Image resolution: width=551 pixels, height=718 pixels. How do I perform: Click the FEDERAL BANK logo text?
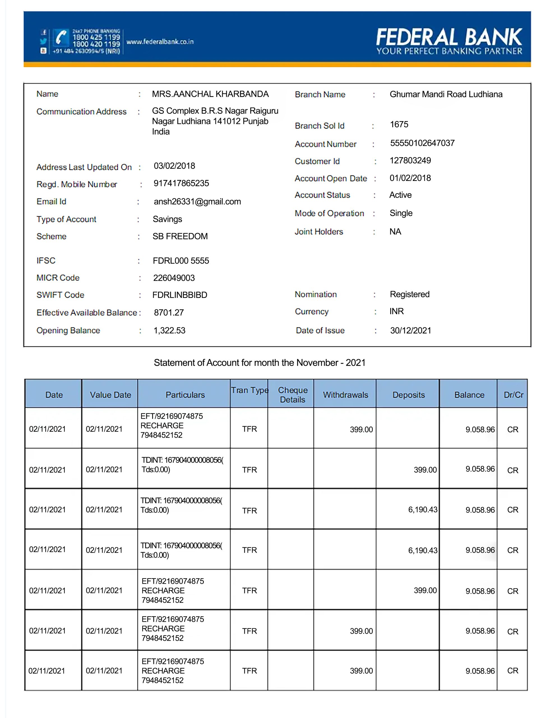click(449, 37)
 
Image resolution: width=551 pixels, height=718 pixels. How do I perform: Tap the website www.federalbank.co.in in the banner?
click(160, 42)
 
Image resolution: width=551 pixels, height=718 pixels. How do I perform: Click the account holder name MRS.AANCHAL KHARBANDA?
click(210, 94)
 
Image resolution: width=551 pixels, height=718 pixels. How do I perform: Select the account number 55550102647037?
click(422, 143)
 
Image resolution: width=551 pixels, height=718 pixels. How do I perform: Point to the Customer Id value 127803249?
click(410, 160)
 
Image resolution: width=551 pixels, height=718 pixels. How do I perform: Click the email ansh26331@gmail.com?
click(197, 201)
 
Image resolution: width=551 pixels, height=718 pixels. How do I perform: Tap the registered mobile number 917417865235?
click(181, 183)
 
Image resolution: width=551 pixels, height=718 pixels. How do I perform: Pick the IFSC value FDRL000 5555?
click(181, 261)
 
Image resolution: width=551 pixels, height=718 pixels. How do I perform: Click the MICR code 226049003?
click(174, 278)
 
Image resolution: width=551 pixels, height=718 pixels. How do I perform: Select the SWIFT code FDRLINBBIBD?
click(180, 295)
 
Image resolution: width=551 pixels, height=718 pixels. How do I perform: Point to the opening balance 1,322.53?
click(169, 330)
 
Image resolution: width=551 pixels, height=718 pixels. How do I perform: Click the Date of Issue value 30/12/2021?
click(410, 330)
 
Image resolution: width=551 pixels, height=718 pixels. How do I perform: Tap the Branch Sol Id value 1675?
click(399, 124)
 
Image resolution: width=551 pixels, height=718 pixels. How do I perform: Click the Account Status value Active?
click(400, 195)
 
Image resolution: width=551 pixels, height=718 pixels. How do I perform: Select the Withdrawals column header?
click(345, 395)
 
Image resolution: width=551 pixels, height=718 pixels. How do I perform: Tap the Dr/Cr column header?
click(513, 395)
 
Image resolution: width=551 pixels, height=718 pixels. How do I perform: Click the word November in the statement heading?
click(317, 363)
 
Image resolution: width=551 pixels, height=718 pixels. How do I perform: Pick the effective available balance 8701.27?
click(169, 312)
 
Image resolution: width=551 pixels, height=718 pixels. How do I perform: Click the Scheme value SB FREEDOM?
click(180, 236)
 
